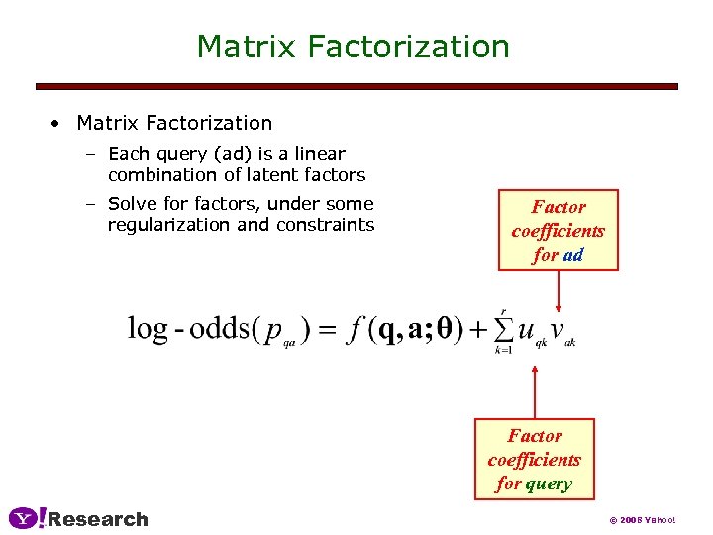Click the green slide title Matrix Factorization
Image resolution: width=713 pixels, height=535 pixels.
353,47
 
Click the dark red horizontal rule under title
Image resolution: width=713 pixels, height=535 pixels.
356,87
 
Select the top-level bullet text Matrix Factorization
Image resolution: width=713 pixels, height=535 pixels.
174,123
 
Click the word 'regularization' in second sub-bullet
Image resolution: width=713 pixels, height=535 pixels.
163,225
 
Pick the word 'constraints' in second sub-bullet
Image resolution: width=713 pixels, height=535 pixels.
326,225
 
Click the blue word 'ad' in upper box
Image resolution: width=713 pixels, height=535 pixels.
573,255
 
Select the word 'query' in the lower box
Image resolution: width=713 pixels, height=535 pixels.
549,483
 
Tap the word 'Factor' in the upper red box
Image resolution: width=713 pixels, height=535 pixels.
559,207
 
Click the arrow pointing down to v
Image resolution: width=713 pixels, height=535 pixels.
559,292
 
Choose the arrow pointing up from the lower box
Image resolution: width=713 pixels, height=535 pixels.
535,391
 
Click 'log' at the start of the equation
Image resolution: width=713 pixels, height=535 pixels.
147,329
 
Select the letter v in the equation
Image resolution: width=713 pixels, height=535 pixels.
558,330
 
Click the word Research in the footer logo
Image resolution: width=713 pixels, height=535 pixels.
98,519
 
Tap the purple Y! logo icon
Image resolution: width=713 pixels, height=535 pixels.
27,518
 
